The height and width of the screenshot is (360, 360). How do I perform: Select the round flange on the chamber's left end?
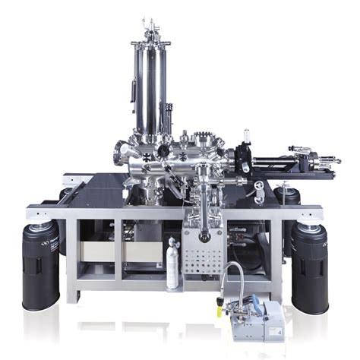[121, 152]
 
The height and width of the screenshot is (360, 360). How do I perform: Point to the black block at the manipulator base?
[243, 159]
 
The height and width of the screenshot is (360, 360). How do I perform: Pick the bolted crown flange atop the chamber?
[204, 140]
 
